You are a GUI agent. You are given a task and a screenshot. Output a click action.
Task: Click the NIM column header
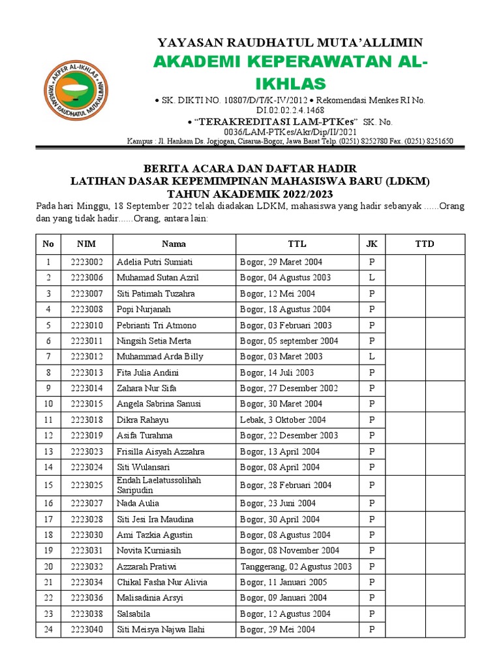(86, 244)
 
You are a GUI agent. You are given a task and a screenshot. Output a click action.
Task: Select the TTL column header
(297, 244)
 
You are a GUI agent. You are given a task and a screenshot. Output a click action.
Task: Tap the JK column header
(372, 244)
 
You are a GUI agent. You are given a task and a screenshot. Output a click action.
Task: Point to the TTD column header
(425, 244)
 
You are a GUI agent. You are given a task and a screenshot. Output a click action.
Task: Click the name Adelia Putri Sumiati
(155, 262)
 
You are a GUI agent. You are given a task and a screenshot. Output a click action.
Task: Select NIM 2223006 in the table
(87, 278)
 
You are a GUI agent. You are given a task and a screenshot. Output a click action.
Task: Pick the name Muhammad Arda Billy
(160, 357)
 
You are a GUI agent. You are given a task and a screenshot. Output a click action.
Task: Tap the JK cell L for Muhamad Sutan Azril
(372, 278)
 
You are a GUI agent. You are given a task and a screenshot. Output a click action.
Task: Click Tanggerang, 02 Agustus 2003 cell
(296, 566)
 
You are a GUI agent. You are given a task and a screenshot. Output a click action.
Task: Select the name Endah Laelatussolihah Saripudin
(159, 485)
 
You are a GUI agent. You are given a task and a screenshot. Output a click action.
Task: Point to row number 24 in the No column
(48, 629)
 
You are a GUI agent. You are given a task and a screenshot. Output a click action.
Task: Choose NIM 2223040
(87, 629)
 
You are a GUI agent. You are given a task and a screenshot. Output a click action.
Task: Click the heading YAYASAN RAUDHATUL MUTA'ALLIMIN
(290, 43)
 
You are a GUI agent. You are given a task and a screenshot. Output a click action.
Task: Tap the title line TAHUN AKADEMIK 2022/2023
(250, 194)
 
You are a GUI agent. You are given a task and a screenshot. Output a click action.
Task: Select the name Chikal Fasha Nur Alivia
(162, 582)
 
